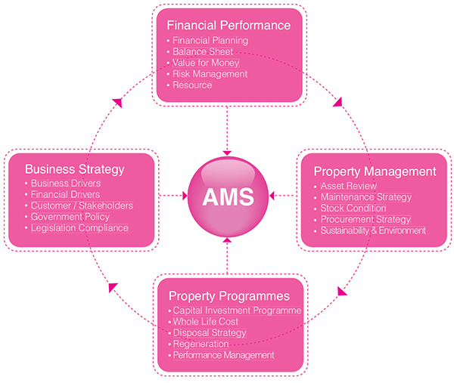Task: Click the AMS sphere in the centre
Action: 228,196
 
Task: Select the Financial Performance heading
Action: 229,26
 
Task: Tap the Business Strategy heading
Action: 75,169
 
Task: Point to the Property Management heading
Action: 375,171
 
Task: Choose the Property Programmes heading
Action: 229,296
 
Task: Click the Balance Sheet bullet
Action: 203,51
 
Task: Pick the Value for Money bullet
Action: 206,63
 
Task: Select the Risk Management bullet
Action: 210,74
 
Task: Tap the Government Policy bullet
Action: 70,217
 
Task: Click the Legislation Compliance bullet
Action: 79,228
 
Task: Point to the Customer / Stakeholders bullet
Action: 82,205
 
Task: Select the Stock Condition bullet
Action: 353,208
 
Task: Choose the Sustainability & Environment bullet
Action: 373,230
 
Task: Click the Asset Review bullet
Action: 349,186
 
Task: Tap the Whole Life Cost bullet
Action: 206,321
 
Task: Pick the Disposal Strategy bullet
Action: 210,333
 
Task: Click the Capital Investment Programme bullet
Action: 237,310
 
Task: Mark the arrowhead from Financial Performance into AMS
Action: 227,153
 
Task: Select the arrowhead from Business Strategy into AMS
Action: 185,196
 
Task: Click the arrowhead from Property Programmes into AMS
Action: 228,240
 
